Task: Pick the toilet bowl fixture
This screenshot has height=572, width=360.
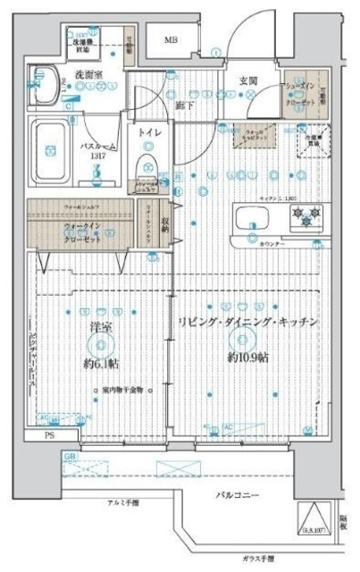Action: [x=147, y=166]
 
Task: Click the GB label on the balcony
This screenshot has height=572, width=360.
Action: [x=70, y=456]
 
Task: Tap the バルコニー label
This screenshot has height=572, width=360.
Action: [x=236, y=495]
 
